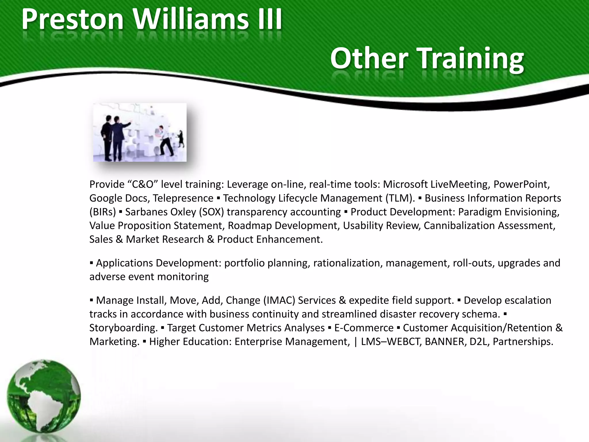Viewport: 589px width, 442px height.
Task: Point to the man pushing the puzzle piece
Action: coord(165,141)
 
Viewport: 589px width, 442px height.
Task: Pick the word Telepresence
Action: coord(183,198)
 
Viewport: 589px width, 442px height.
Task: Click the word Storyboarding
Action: coord(123,328)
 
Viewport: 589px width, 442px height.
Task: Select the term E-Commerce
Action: coord(364,328)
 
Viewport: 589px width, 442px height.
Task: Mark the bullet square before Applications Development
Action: coord(91,263)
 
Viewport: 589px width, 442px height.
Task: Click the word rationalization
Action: coord(346,263)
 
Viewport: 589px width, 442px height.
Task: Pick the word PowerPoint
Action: coord(521,184)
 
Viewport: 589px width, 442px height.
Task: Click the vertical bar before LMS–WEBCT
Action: coord(356,342)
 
